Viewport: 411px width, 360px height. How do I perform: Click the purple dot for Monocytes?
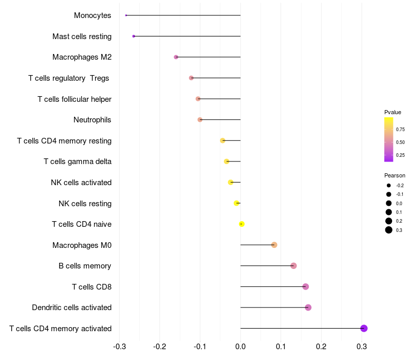(x=126, y=15)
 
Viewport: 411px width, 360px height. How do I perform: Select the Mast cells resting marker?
(x=134, y=36)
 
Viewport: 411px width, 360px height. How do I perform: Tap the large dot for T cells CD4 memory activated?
(x=364, y=328)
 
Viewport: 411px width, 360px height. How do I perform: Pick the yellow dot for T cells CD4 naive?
(x=241, y=224)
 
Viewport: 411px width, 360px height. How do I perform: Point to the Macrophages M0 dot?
(x=274, y=245)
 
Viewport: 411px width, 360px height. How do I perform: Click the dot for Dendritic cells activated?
(x=308, y=308)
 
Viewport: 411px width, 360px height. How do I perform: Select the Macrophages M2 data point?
(x=176, y=57)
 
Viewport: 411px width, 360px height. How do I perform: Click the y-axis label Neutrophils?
(x=92, y=120)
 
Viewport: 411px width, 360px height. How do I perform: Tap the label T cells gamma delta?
(x=78, y=161)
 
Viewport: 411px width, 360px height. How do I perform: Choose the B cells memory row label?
(x=85, y=266)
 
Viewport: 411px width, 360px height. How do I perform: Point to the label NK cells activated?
(x=81, y=183)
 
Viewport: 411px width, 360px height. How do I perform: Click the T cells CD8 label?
(x=91, y=286)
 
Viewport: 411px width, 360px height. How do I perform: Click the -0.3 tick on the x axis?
(x=119, y=346)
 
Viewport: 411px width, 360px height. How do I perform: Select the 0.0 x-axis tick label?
(x=240, y=346)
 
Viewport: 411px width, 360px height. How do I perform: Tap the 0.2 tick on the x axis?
(x=321, y=346)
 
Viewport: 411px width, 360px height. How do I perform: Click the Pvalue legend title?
(x=393, y=112)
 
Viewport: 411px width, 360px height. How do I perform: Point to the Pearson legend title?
(x=395, y=175)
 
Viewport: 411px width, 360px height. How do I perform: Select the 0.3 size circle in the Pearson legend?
(x=389, y=230)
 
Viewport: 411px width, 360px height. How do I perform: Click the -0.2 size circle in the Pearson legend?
(x=389, y=185)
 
